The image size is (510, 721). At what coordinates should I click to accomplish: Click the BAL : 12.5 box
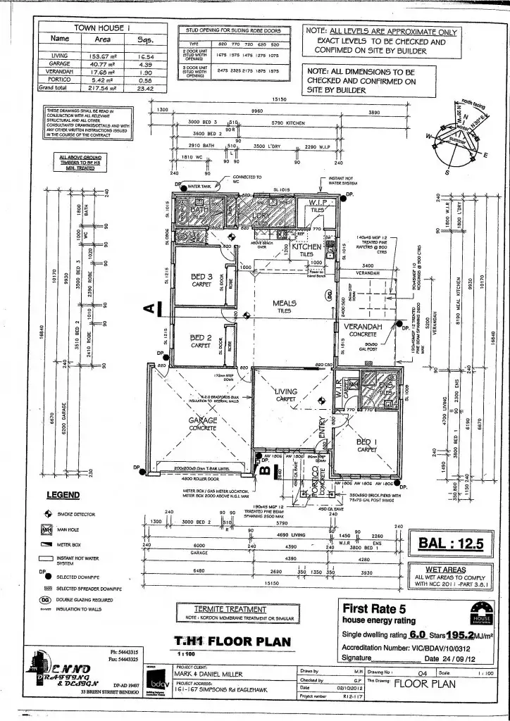[x=450, y=543]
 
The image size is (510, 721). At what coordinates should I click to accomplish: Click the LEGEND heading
[x=63, y=496]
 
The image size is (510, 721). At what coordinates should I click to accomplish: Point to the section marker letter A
[x=149, y=307]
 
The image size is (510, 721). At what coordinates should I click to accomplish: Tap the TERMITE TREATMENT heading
[x=230, y=609]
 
